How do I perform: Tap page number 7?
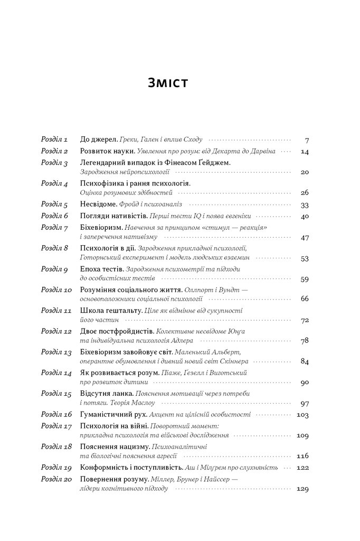[307, 141]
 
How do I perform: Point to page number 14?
[304, 152]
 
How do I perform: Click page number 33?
[304, 204]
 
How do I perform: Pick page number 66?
[304, 299]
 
